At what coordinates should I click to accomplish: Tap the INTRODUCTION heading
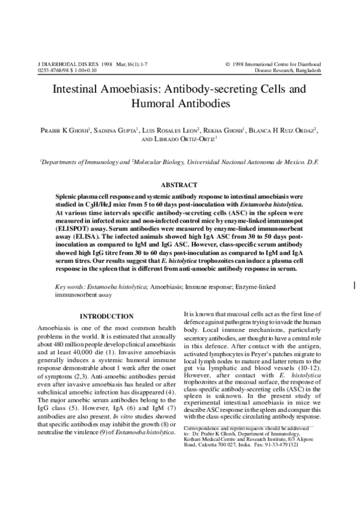click(x=106, y=317)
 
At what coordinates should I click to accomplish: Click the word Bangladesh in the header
click(x=305, y=70)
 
